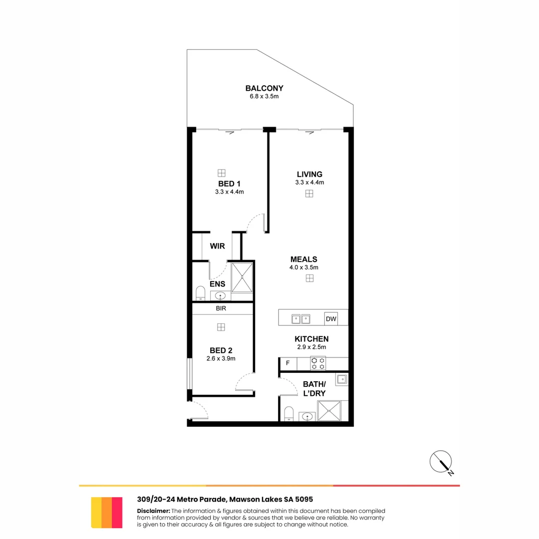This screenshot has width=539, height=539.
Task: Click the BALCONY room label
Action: point(264,88)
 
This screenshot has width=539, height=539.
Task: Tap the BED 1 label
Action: point(229,184)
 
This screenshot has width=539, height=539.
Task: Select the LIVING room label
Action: point(309,174)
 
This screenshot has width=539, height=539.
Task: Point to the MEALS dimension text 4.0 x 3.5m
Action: point(304,268)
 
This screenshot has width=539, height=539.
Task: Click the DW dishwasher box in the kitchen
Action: point(330,318)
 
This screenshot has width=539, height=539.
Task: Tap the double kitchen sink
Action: point(301,318)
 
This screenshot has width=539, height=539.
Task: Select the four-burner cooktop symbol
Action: point(318,363)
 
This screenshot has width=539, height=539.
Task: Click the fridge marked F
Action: point(287,363)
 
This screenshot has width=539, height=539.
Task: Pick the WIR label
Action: point(217,246)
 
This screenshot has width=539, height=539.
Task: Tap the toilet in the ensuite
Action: point(201,293)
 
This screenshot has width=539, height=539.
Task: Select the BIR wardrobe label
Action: point(221,308)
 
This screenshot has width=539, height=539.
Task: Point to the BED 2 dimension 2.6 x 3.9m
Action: point(221,358)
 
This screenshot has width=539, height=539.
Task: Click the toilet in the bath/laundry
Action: point(288,414)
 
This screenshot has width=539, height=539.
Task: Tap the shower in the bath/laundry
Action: point(329,411)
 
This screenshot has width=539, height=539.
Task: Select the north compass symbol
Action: point(441,462)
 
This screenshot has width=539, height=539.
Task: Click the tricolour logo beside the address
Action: point(107,512)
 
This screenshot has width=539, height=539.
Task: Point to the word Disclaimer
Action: point(153,511)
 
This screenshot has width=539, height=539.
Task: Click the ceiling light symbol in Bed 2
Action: point(221,327)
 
